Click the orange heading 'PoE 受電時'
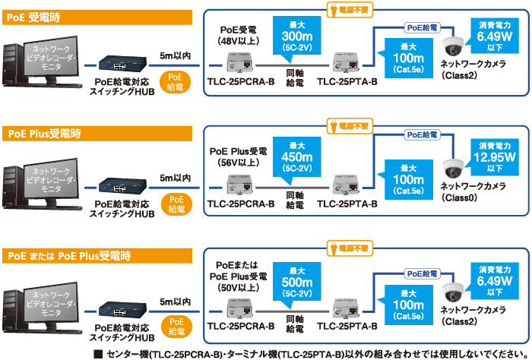(30, 16)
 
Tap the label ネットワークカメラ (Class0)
(473, 191)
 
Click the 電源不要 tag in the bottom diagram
(350, 248)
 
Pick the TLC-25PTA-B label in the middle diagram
(347, 204)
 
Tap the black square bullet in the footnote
(97, 353)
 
